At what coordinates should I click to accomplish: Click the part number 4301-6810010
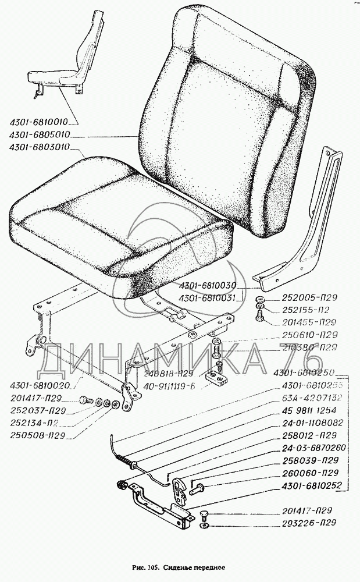coord(40,123)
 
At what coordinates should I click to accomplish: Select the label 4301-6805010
coord(40,135)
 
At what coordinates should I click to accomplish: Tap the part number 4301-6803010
coord(40,148)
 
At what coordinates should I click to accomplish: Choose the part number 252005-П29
coord(309,298)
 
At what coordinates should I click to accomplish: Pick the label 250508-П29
coord(37,435)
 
